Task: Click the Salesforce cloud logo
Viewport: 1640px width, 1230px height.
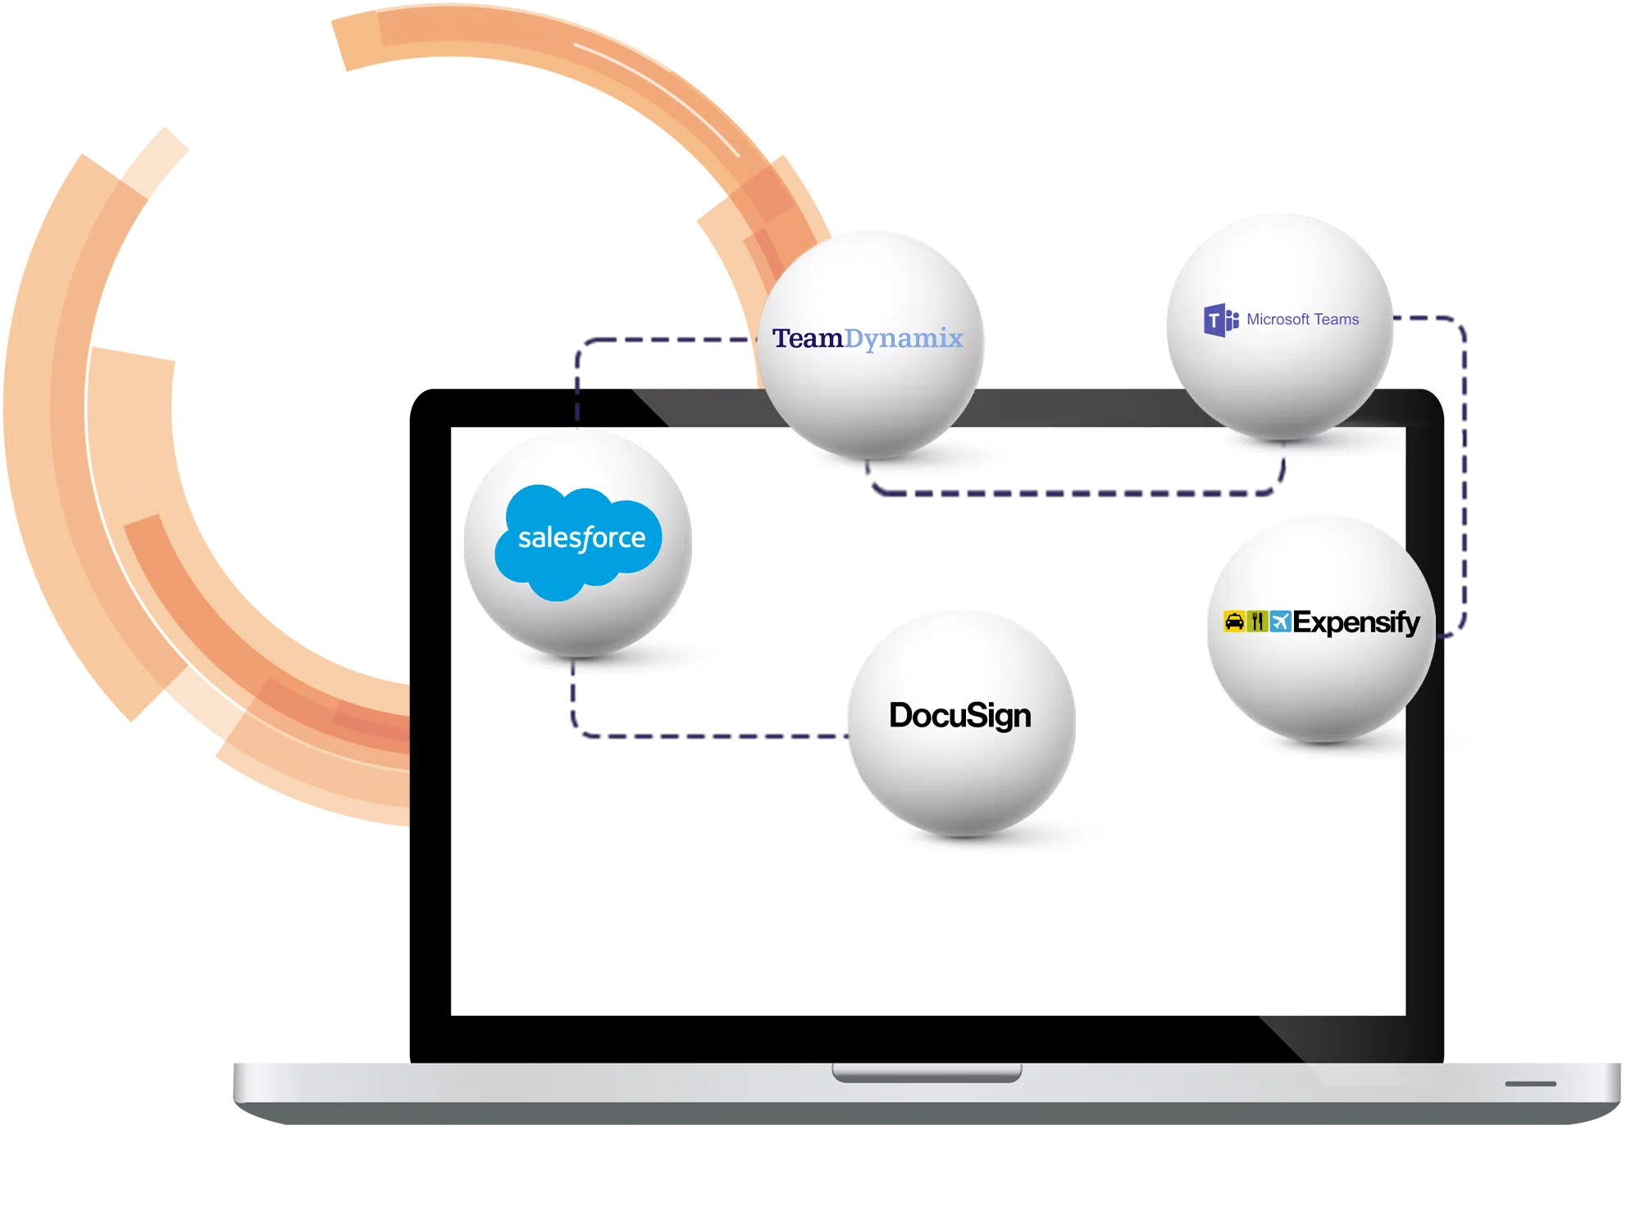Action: pos(578,541)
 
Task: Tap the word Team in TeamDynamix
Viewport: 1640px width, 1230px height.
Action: pos(808,338)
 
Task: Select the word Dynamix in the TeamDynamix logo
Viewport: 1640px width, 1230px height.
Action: pos(904,339)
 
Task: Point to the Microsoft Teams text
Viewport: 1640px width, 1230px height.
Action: pos(1302,320)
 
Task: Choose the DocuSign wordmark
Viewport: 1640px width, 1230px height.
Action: pos(960,716)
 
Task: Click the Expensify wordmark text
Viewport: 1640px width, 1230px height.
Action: pos(1356,622)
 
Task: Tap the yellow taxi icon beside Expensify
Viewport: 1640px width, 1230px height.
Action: pos(1234,622)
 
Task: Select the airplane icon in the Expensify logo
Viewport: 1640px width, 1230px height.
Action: pos(1280,622)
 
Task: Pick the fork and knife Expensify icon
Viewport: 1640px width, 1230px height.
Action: pos(1257,622)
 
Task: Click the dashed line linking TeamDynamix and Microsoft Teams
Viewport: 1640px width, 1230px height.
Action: pos(1074,494)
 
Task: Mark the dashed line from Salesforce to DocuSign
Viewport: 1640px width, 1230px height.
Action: pos(705,736)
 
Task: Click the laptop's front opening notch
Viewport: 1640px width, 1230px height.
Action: pos(927,1073)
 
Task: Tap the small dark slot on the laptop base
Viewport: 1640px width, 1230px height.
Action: pos(1530,1084)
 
